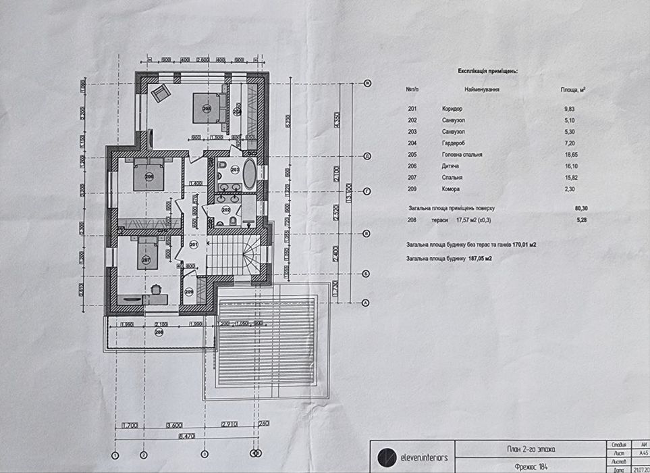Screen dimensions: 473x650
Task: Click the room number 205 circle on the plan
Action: coord(206,108)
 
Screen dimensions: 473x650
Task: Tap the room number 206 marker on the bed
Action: coord(149,177)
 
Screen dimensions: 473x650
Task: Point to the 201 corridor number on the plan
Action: coord(194,244)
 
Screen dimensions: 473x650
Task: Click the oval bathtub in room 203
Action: coord(248,174)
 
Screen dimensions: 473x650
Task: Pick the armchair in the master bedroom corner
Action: coord(161,93)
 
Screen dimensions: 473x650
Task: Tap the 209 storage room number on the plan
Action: coord(189,292)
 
